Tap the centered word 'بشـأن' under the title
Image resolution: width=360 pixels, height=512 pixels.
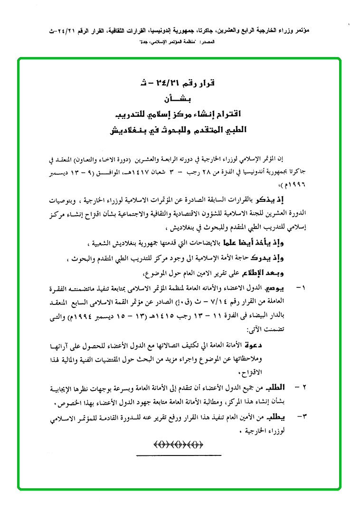tap(180, 99)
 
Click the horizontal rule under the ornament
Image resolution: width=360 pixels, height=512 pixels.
tap(179, 455)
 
